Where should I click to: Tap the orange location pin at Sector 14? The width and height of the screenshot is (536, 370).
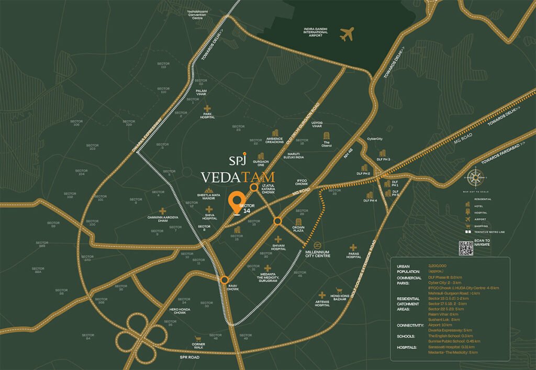coord(238,202)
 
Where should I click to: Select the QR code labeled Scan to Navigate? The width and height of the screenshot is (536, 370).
coord(466,248)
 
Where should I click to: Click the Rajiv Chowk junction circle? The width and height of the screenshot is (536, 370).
coord(224,279)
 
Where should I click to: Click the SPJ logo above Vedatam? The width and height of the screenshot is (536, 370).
coord(238,159)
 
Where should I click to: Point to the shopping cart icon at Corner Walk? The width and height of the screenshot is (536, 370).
coord(198,339)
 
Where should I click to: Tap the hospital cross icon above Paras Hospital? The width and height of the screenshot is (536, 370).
coord(354,248)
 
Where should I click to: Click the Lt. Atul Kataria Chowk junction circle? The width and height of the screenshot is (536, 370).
coord(254,187)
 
